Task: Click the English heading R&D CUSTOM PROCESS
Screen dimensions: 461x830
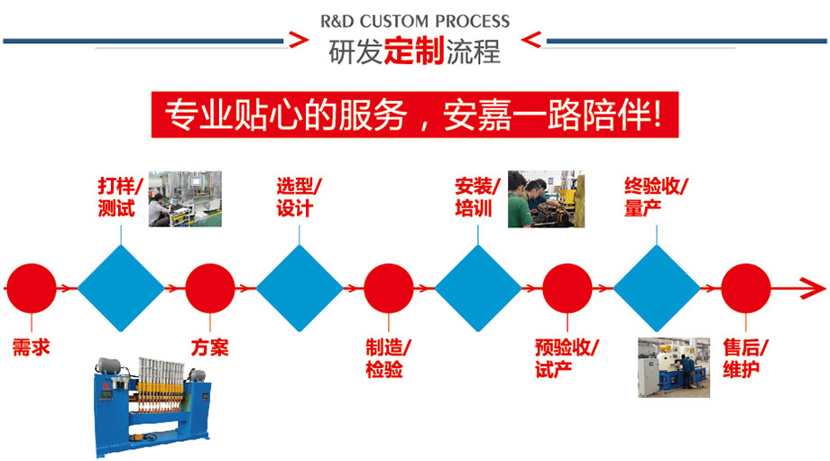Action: (x=415, y=21)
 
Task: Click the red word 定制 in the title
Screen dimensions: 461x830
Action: (x=413, y=51)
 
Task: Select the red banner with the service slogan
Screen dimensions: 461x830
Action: (x=414, y=115)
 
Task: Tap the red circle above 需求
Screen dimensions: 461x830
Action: (x=32, y=289)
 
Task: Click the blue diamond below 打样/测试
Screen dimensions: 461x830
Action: (x=121, y=289)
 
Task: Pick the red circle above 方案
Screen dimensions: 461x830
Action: (x=210, y=289)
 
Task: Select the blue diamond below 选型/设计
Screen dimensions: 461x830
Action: (x=300, y=289)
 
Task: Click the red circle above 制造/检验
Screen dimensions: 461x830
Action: (x=389, y=289)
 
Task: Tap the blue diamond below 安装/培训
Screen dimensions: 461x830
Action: (x=478, y=289)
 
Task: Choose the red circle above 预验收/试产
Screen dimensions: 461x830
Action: (x=567, y=289)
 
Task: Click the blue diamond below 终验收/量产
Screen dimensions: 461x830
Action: (x=657, y=289)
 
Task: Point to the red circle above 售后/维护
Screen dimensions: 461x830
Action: (x=746, y=289)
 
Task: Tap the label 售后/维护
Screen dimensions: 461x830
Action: (x=746, y=358)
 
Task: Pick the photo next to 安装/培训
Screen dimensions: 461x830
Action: (x=546, y=199)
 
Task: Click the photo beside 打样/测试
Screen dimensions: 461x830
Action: (x=185, y=198)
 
